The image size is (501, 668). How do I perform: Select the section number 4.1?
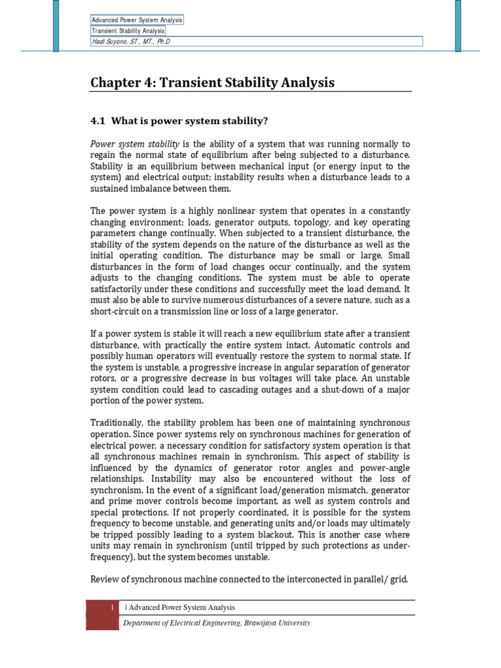[x=98, y=121]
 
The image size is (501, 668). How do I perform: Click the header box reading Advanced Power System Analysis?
[x=137, y=20]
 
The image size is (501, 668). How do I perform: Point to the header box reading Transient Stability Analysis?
[x=128, y=31]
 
